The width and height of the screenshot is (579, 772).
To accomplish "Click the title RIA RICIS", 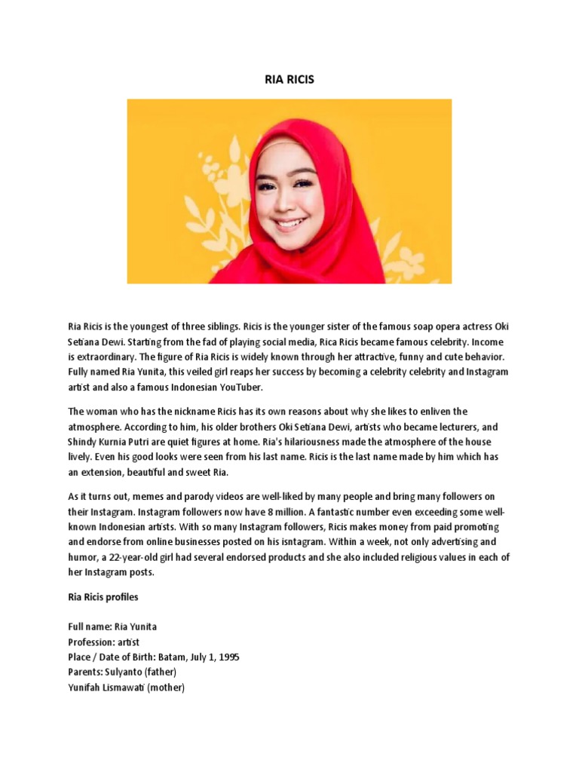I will [x=289, y=78].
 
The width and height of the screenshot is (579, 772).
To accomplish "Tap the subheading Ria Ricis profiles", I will [x=103, y=597].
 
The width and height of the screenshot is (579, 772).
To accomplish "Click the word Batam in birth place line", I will [x=173, y=657].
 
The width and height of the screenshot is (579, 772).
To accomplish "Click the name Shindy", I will [x=84, y=442].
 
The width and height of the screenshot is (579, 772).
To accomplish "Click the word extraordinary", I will [x=119, y=356].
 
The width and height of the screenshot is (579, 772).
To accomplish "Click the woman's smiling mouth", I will [x=290, y=224].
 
